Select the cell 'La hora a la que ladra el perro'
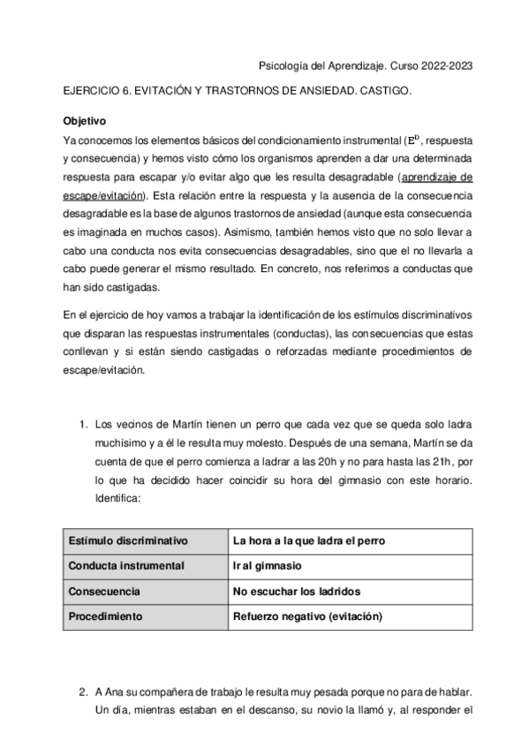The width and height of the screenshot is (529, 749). pos(308,541)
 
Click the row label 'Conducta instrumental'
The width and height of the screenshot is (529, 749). pos(126,565)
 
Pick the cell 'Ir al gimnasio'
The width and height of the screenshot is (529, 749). pos(268,565)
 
